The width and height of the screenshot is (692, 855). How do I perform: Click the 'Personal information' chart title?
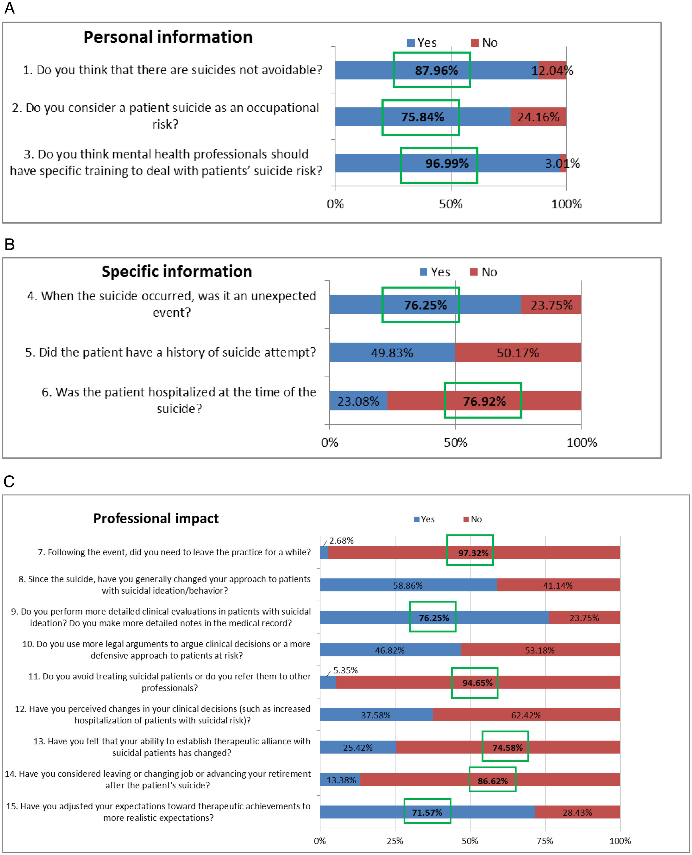tap(168, 37)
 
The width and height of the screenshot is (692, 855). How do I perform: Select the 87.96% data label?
tap(436, 71)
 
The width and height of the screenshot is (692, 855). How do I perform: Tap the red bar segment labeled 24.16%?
tap(538, 116)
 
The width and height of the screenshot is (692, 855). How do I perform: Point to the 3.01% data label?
tap(562, 163)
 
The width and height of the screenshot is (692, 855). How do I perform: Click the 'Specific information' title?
tap(177, 272)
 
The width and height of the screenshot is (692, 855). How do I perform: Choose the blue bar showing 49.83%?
tap(392, 352)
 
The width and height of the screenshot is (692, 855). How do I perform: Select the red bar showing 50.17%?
tap(518, 352)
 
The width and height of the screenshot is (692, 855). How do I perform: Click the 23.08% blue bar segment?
tap(358, 401)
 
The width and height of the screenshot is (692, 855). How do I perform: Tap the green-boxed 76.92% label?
tap(484, 401)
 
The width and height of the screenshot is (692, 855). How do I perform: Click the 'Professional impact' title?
tap(156, 518)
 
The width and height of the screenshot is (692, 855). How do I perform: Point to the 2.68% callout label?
tap(341, 541)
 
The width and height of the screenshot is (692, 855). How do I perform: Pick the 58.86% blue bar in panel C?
tap(408, 585)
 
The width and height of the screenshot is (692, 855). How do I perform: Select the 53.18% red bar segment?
tap(540, 650)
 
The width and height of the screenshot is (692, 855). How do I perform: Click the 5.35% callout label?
tap(346, 670)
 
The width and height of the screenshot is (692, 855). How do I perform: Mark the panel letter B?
tap(10, 244)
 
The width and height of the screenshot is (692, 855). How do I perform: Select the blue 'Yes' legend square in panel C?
tap(417, 519)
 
